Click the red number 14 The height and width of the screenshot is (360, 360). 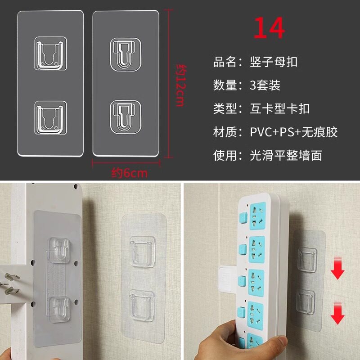(x=269, y=28)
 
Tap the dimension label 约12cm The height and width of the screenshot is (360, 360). (x=181, y=85)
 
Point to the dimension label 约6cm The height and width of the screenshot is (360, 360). (x=129, y=173)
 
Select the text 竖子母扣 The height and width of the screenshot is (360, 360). (x=274, y=62)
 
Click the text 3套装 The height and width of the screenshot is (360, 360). (x=265, y=85)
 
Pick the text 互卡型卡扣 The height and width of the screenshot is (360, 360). (x=279, y=108)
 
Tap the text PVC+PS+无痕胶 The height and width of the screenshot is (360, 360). (x=294, y=132)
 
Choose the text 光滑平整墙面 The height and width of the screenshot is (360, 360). (x=286, y=155)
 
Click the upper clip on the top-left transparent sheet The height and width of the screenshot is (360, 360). (x=50, y=53)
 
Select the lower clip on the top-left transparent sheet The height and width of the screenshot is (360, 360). (x=50, y=117)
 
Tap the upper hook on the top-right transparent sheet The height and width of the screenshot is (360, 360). (x=126, y=54)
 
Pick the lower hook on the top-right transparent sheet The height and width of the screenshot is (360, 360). (x=126, y=117)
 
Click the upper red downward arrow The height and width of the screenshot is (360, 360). (x=337, y=268)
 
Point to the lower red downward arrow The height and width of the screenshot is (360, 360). (x=337, y=313)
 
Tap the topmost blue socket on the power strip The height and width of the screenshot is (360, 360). (x=257, y=216)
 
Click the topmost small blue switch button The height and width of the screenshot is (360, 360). (x=243, y=217)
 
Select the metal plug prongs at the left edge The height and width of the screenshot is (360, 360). (x=11, y=283)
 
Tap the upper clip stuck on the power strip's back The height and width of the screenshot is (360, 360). (x=59, y=250)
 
